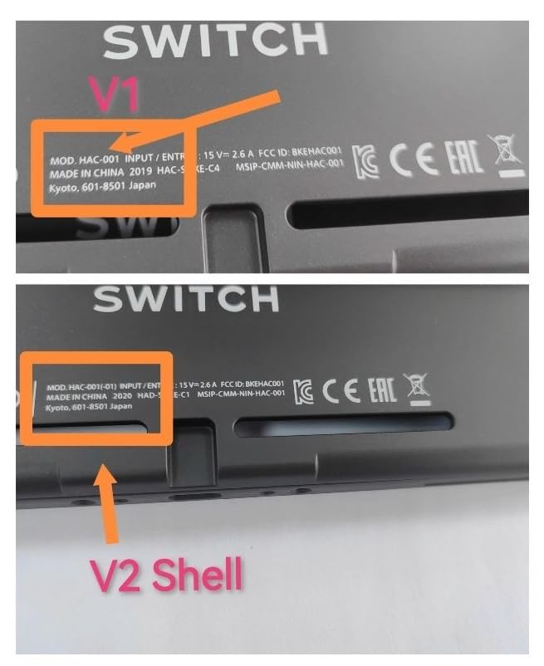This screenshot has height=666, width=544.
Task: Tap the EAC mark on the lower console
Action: [x=382, y=390]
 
